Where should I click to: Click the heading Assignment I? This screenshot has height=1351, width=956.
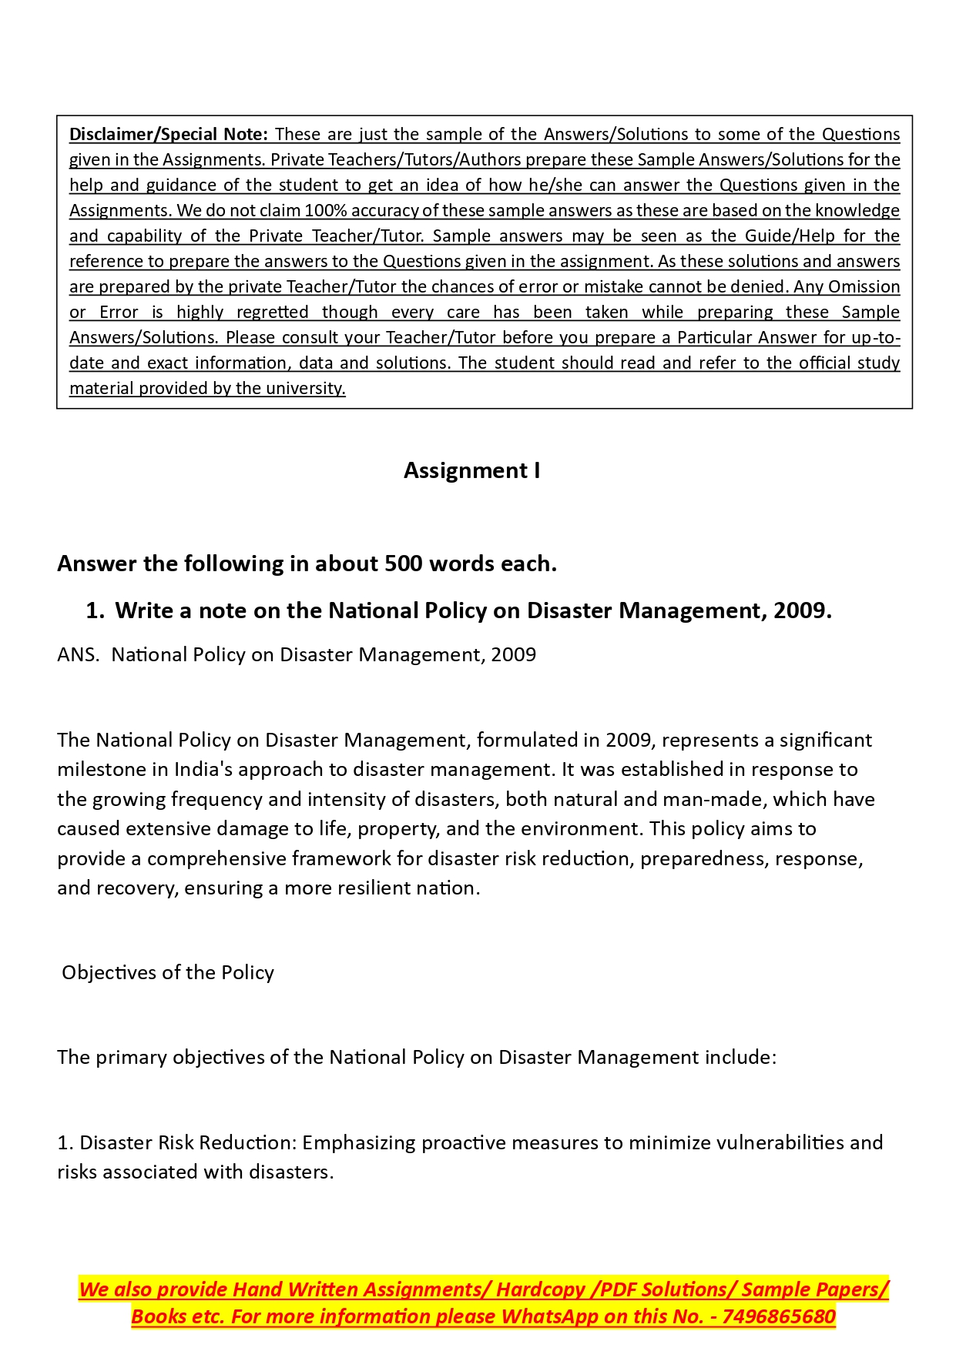point(471,470)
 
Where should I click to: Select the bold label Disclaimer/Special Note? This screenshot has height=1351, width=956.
point(169,134)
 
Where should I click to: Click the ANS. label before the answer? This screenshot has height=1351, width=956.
point(78,654)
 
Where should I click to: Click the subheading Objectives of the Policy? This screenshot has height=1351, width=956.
point(168,972)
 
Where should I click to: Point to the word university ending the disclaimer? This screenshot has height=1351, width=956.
point(305,388)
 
